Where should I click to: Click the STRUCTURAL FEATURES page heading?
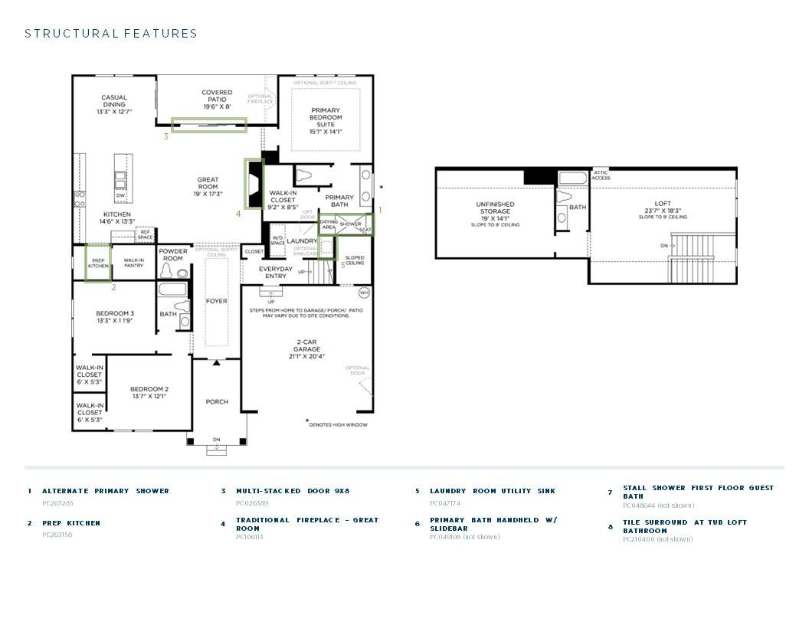(x=111, y=34)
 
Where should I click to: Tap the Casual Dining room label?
(x=114, y=104)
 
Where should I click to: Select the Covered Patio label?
(x=217, y=100)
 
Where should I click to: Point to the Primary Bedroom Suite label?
(x=326, y=121)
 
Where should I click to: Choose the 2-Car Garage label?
(x=306, y=348)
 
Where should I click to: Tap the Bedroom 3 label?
(x=115, y=316)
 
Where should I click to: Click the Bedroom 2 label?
(x=149, y=392)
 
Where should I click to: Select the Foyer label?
(x=217, y=301)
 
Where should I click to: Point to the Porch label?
(x=217, y=401)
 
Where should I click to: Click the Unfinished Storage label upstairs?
(x=496, y=214)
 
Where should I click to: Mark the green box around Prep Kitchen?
(x=98, y=263)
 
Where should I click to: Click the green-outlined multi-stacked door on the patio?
(x=208, y=125)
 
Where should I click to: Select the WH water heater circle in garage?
(x=364, y=292)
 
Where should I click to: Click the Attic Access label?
(x=601, y=175)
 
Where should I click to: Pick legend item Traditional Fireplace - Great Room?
(x=306, y=524)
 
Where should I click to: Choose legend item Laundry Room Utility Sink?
(x=493, y=491)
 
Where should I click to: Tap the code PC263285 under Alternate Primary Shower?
(x=58, y=503)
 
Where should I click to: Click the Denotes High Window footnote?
(x=337, y=424)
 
